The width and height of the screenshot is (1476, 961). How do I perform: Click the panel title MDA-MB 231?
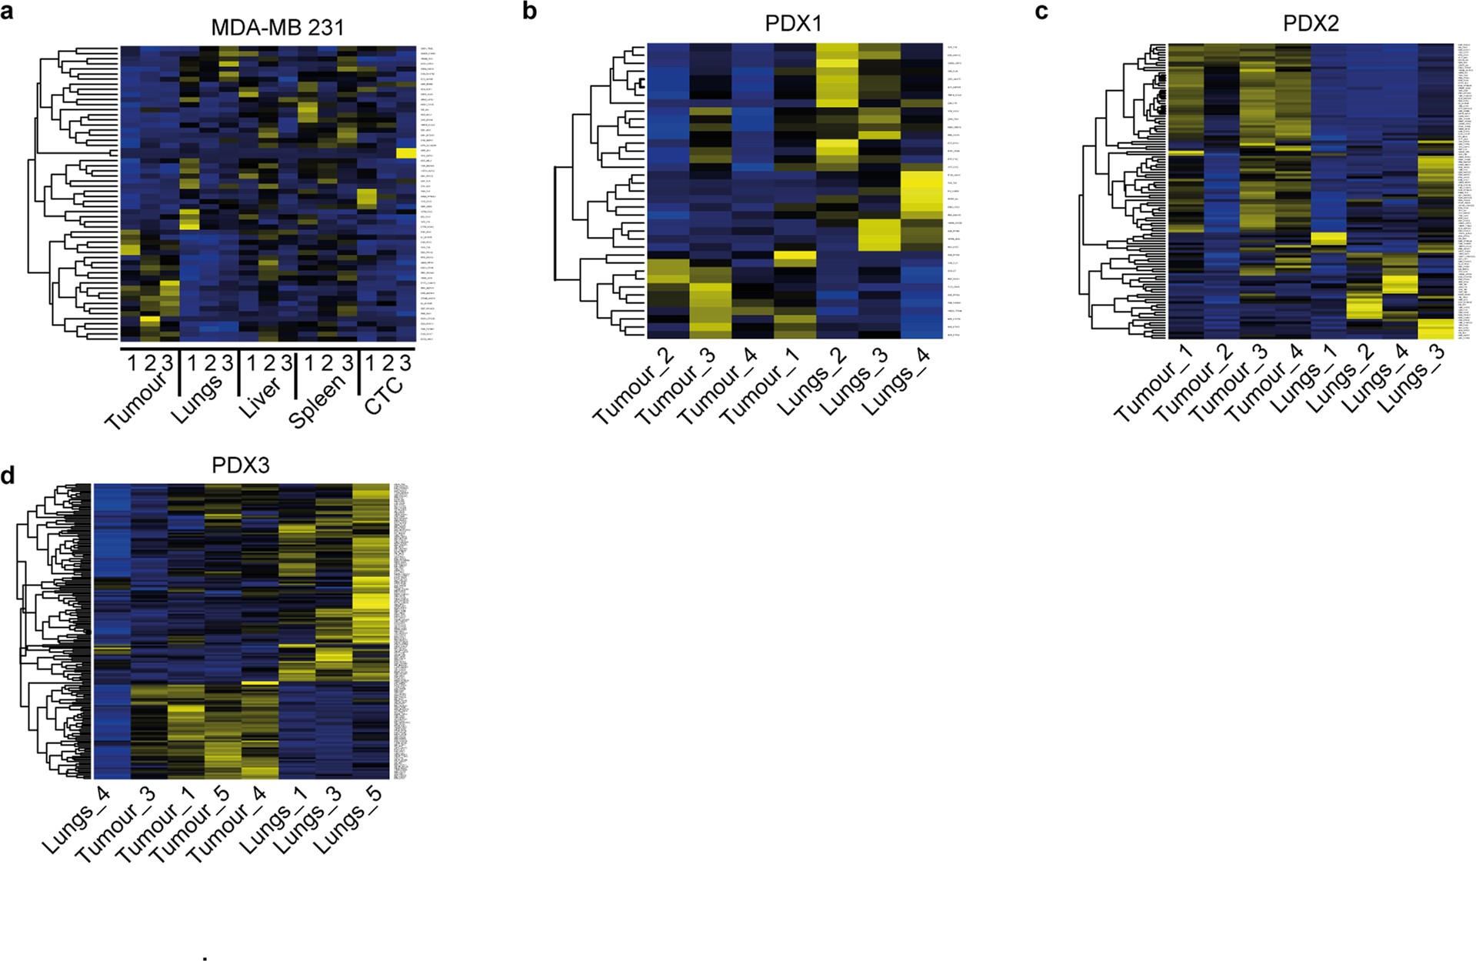coord(278,28)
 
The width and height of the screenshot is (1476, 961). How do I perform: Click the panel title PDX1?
coord(793,23)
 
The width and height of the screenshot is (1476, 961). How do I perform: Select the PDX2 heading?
coord(1311,23)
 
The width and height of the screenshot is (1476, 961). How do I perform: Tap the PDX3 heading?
coord(241,465)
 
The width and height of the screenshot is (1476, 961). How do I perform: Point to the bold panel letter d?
coord(8,476)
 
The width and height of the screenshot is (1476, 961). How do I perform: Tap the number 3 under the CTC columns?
coord(405,363)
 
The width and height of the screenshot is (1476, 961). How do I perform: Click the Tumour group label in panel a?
coord(135,401)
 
